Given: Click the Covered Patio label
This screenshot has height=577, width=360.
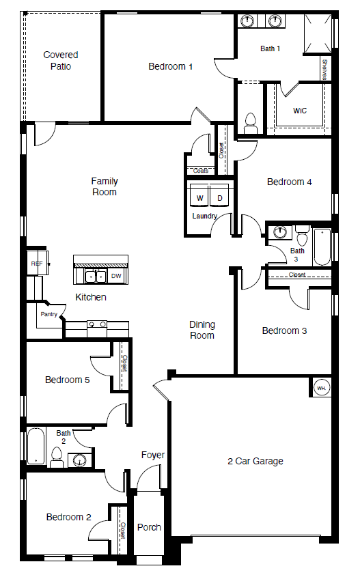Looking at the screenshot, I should (61, 61).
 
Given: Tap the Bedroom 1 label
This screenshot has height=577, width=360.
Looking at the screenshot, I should (171, 66).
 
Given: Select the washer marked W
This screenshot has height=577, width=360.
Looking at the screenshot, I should (200, 198).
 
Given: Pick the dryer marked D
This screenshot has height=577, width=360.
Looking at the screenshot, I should (219, 198).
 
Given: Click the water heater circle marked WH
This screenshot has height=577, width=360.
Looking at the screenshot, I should (321, 388).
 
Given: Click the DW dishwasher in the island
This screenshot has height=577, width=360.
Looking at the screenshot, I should (116, 276).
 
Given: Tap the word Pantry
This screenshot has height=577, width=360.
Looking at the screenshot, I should (49, 314).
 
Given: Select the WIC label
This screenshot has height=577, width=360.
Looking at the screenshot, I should (300, 111).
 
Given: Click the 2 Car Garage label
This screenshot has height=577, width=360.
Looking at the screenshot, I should (255, 461).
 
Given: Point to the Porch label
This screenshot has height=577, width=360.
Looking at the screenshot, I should (149, 527).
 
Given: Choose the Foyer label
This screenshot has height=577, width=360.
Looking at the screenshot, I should (153, 455).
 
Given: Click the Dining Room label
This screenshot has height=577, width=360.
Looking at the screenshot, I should (202, 330).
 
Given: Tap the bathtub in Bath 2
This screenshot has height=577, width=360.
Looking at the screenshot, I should (36, 447).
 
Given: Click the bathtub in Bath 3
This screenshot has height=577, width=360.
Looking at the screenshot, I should (322, 247).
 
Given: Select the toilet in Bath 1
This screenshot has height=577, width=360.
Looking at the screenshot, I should (249, 123).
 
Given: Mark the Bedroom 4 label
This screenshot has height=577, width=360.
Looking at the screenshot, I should (290, 182).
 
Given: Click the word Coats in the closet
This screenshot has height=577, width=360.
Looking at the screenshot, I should (201, 171).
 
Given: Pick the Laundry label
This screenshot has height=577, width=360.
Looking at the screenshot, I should (204, 216).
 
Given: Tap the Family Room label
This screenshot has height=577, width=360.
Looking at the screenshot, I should (105, 186).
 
